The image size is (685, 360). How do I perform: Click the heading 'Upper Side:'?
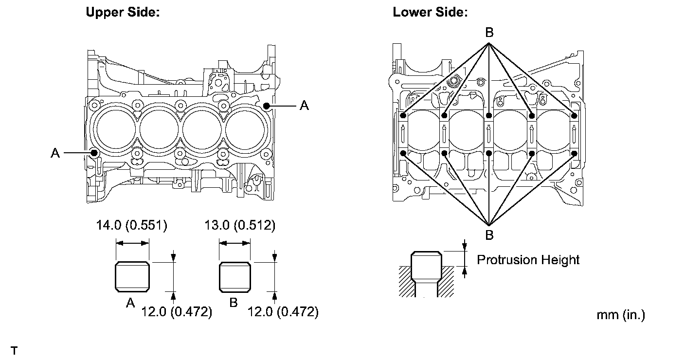[x=123, y=12]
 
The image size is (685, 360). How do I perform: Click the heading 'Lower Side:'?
[x=430, y=12]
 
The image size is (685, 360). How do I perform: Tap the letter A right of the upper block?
[x=304, y=105]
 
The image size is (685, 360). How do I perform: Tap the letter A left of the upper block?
[x=55, y=153]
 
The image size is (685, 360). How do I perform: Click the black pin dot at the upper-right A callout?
[x=266, y=105]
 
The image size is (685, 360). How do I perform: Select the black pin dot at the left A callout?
[x=94, y=153]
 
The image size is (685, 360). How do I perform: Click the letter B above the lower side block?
[x=489, y=33]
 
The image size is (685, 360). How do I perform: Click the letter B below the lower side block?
[x=489, y=235]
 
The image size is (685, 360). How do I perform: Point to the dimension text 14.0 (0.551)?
[x=131, y=225]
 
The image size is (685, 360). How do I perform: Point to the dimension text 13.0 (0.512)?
[x=239, y=225]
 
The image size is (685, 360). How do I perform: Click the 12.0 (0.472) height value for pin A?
[x=176, y=312]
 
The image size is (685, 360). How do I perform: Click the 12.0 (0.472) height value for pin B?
[x=283, y=312]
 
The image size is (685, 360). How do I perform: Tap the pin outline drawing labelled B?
[x=235, y=277]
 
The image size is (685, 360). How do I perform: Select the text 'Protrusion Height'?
[x=528, y=260]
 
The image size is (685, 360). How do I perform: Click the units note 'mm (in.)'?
[x=621, y=315]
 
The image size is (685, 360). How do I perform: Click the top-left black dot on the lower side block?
[x=403, y=116]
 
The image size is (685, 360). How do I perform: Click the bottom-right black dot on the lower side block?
[x=575, y=153]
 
